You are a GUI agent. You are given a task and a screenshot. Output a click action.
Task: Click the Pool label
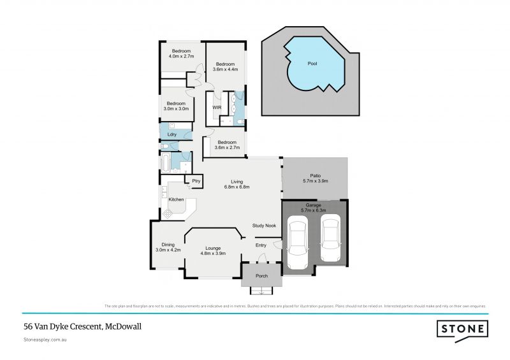point(312,64)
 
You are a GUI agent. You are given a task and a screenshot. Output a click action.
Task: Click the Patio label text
point(315,179)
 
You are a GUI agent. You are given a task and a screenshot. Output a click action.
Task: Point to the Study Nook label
point(264,226)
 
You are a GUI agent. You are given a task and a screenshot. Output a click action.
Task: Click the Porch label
point(261,276)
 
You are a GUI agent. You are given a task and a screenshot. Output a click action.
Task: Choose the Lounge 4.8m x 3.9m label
point(213,250)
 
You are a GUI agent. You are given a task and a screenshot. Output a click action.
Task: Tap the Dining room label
point(168,247)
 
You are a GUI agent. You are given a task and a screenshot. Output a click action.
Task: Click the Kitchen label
point(176,200)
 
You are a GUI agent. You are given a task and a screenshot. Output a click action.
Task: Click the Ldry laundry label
point(172,134)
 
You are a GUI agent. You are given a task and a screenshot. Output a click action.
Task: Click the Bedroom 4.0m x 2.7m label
point(181,54)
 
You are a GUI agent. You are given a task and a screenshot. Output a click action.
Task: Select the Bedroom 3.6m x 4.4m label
point(226,67)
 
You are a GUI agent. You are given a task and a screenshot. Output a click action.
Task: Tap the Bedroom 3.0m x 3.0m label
point(176,106)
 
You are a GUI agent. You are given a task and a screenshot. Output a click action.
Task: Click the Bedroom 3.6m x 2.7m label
point(228,145)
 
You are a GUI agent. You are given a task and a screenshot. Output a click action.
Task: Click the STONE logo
point(462,329)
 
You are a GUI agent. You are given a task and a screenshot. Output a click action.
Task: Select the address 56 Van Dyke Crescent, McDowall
point(82,326)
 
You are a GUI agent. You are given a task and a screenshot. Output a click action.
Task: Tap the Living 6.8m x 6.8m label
point(236,184)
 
